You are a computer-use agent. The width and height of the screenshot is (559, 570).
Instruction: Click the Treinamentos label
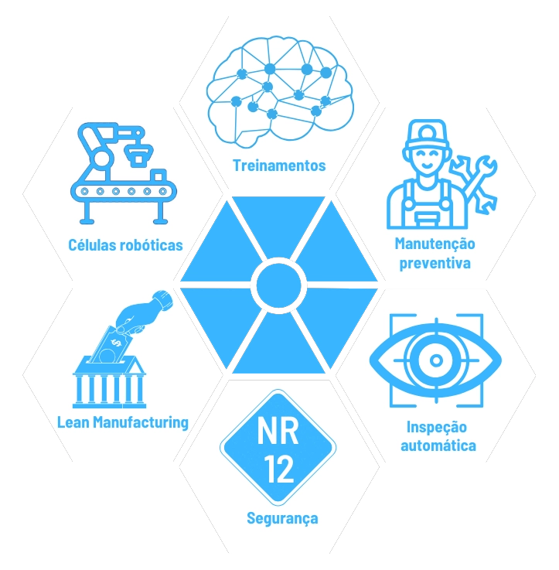(x=279, y=166)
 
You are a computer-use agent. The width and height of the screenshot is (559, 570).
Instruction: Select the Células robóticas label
(x=125, y=245)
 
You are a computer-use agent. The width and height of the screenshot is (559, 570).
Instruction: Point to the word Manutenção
(x=434, y=244)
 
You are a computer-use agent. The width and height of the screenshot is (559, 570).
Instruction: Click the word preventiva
(x=434, y=263)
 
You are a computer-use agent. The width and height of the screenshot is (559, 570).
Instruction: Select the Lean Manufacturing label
(x=123, y=422)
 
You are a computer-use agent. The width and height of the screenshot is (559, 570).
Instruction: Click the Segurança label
(x=282, y=518)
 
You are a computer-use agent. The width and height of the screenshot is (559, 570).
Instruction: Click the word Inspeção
(x=437, y=427)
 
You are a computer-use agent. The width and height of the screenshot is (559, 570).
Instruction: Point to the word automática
(x=437, y=446)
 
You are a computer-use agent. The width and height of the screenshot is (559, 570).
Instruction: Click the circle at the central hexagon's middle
(x=279, y=284)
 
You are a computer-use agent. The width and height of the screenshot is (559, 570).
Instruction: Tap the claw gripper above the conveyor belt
(x=140, y=152)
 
